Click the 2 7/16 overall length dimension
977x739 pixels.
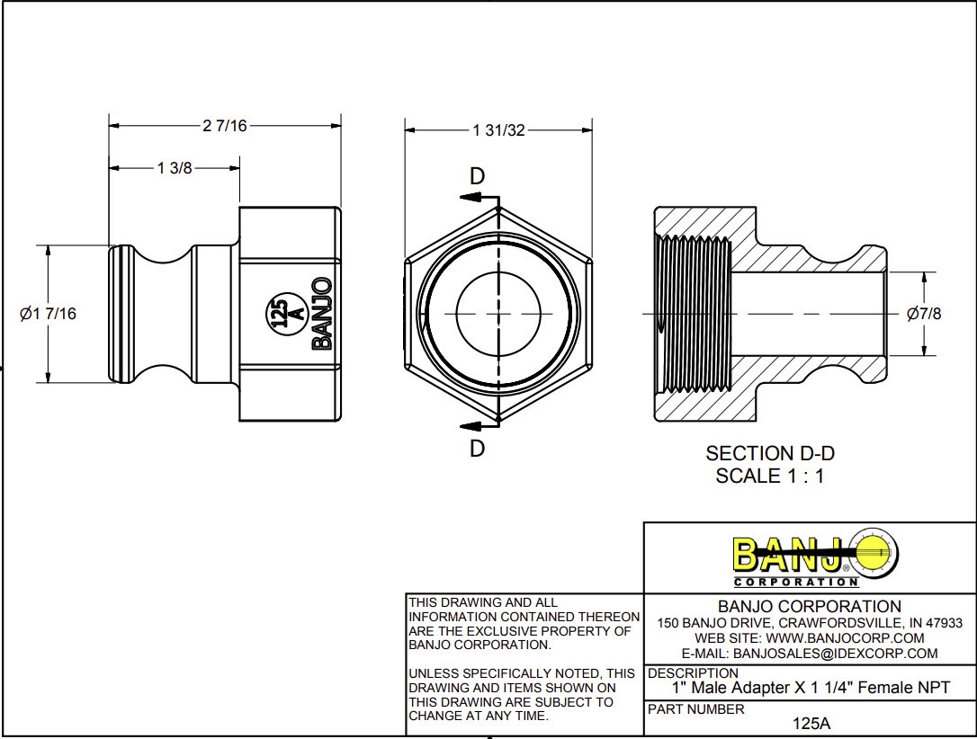[x=224, y=126]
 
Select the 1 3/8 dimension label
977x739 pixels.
[x=175, y=168]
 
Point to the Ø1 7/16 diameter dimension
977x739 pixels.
[x=48, y=314]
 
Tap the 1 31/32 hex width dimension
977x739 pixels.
[x=497, y=130]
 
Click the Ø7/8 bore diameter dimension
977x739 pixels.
[x=924, y=314]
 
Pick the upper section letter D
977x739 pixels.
[x=478, y=176]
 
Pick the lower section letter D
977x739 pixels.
[x=478, y=448]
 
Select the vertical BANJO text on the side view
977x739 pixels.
[x=321, y=313]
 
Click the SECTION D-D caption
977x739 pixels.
[x=764, y=454]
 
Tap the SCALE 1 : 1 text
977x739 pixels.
[x=769, y=476]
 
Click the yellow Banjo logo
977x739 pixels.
[x=814, y=556]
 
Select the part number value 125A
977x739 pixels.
[x=811, y=723]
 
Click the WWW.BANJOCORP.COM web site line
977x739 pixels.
[x=810, y=638]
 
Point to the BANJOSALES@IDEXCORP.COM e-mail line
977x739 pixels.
[x=810, y=654]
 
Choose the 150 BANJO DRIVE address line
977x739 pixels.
[x=810, y=623]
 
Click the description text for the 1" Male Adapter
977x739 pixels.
[x=811, y=688]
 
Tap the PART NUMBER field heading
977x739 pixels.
[x=696, y=709]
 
